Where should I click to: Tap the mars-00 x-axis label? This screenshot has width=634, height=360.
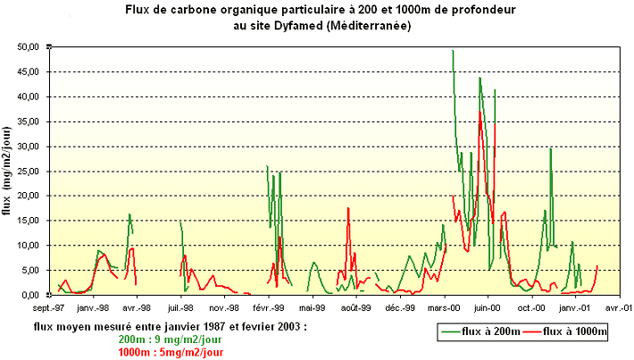tap(445, 306)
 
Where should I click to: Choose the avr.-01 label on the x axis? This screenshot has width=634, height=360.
tap(619, 306)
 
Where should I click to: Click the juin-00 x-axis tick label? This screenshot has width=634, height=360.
tap(488, 306)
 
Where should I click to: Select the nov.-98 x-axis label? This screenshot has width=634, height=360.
tap(223, 306)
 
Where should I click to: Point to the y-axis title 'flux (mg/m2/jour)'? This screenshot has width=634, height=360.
tap(8, 170)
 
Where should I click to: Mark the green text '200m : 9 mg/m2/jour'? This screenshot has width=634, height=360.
tap(168, 339)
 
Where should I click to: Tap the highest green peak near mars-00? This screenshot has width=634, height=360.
tap(453, 51)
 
